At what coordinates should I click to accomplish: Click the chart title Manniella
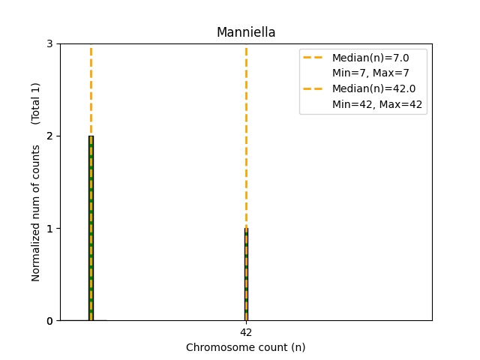246,32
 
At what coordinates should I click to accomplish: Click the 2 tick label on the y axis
49,136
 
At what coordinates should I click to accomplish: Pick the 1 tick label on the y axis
49,228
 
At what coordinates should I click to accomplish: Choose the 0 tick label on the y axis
49,321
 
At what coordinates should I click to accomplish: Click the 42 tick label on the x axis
246,331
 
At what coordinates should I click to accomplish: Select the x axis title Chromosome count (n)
246,347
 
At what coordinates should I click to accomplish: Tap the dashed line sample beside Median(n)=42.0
313,89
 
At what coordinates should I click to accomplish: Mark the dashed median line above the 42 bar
246,135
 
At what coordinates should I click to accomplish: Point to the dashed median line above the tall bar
91,90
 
